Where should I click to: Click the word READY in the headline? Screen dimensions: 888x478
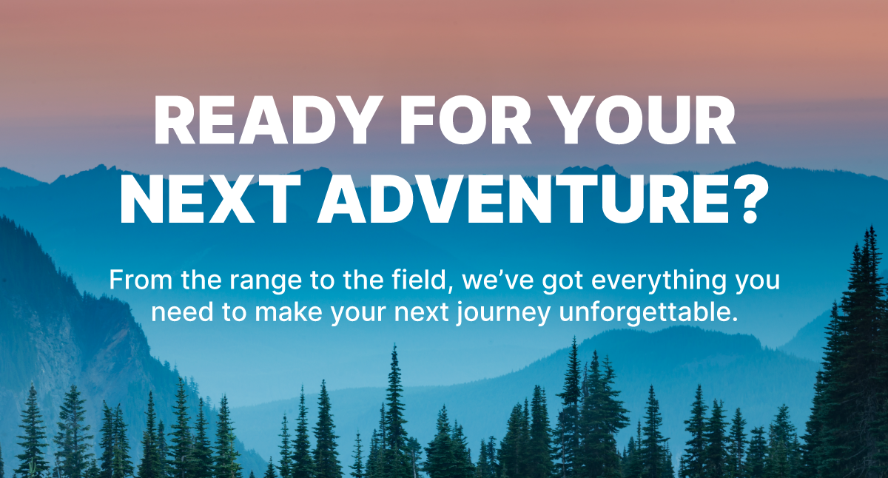click(x=267, y=120)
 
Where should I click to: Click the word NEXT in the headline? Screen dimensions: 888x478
click(x=210, y=199)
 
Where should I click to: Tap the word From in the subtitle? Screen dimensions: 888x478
click(x=141, y=280)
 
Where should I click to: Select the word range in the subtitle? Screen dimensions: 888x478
click(x=266, y=282)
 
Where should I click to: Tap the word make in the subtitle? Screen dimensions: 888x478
click(x=288, y=312)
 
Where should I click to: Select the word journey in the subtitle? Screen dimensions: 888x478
click(x=502, y=314)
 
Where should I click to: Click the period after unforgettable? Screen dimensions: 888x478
click(x=734, y=319)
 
